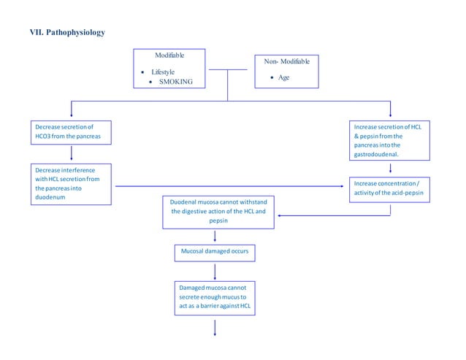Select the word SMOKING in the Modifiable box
click(x=175, y=82)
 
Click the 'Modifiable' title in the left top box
click(x=169, y=55)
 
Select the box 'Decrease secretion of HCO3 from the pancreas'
click(x=72, y=132)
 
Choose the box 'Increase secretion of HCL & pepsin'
click(x=391, y=140)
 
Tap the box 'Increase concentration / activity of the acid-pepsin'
click(x=391, y=188)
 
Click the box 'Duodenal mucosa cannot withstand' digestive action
click(x=218, y=212)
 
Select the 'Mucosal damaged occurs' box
click(x=215, y=253)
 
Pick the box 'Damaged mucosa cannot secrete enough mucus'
click(x=215, y=298)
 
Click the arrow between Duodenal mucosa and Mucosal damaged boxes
click(x=215, y=236)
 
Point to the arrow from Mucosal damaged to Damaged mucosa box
click(x=215, y=271)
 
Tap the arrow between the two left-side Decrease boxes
click(x=72, y=153)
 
